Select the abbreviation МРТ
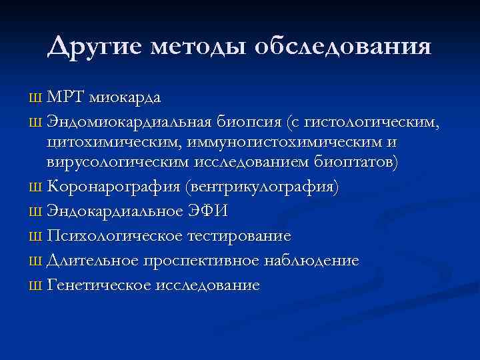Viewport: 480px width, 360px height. coord(65,97)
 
